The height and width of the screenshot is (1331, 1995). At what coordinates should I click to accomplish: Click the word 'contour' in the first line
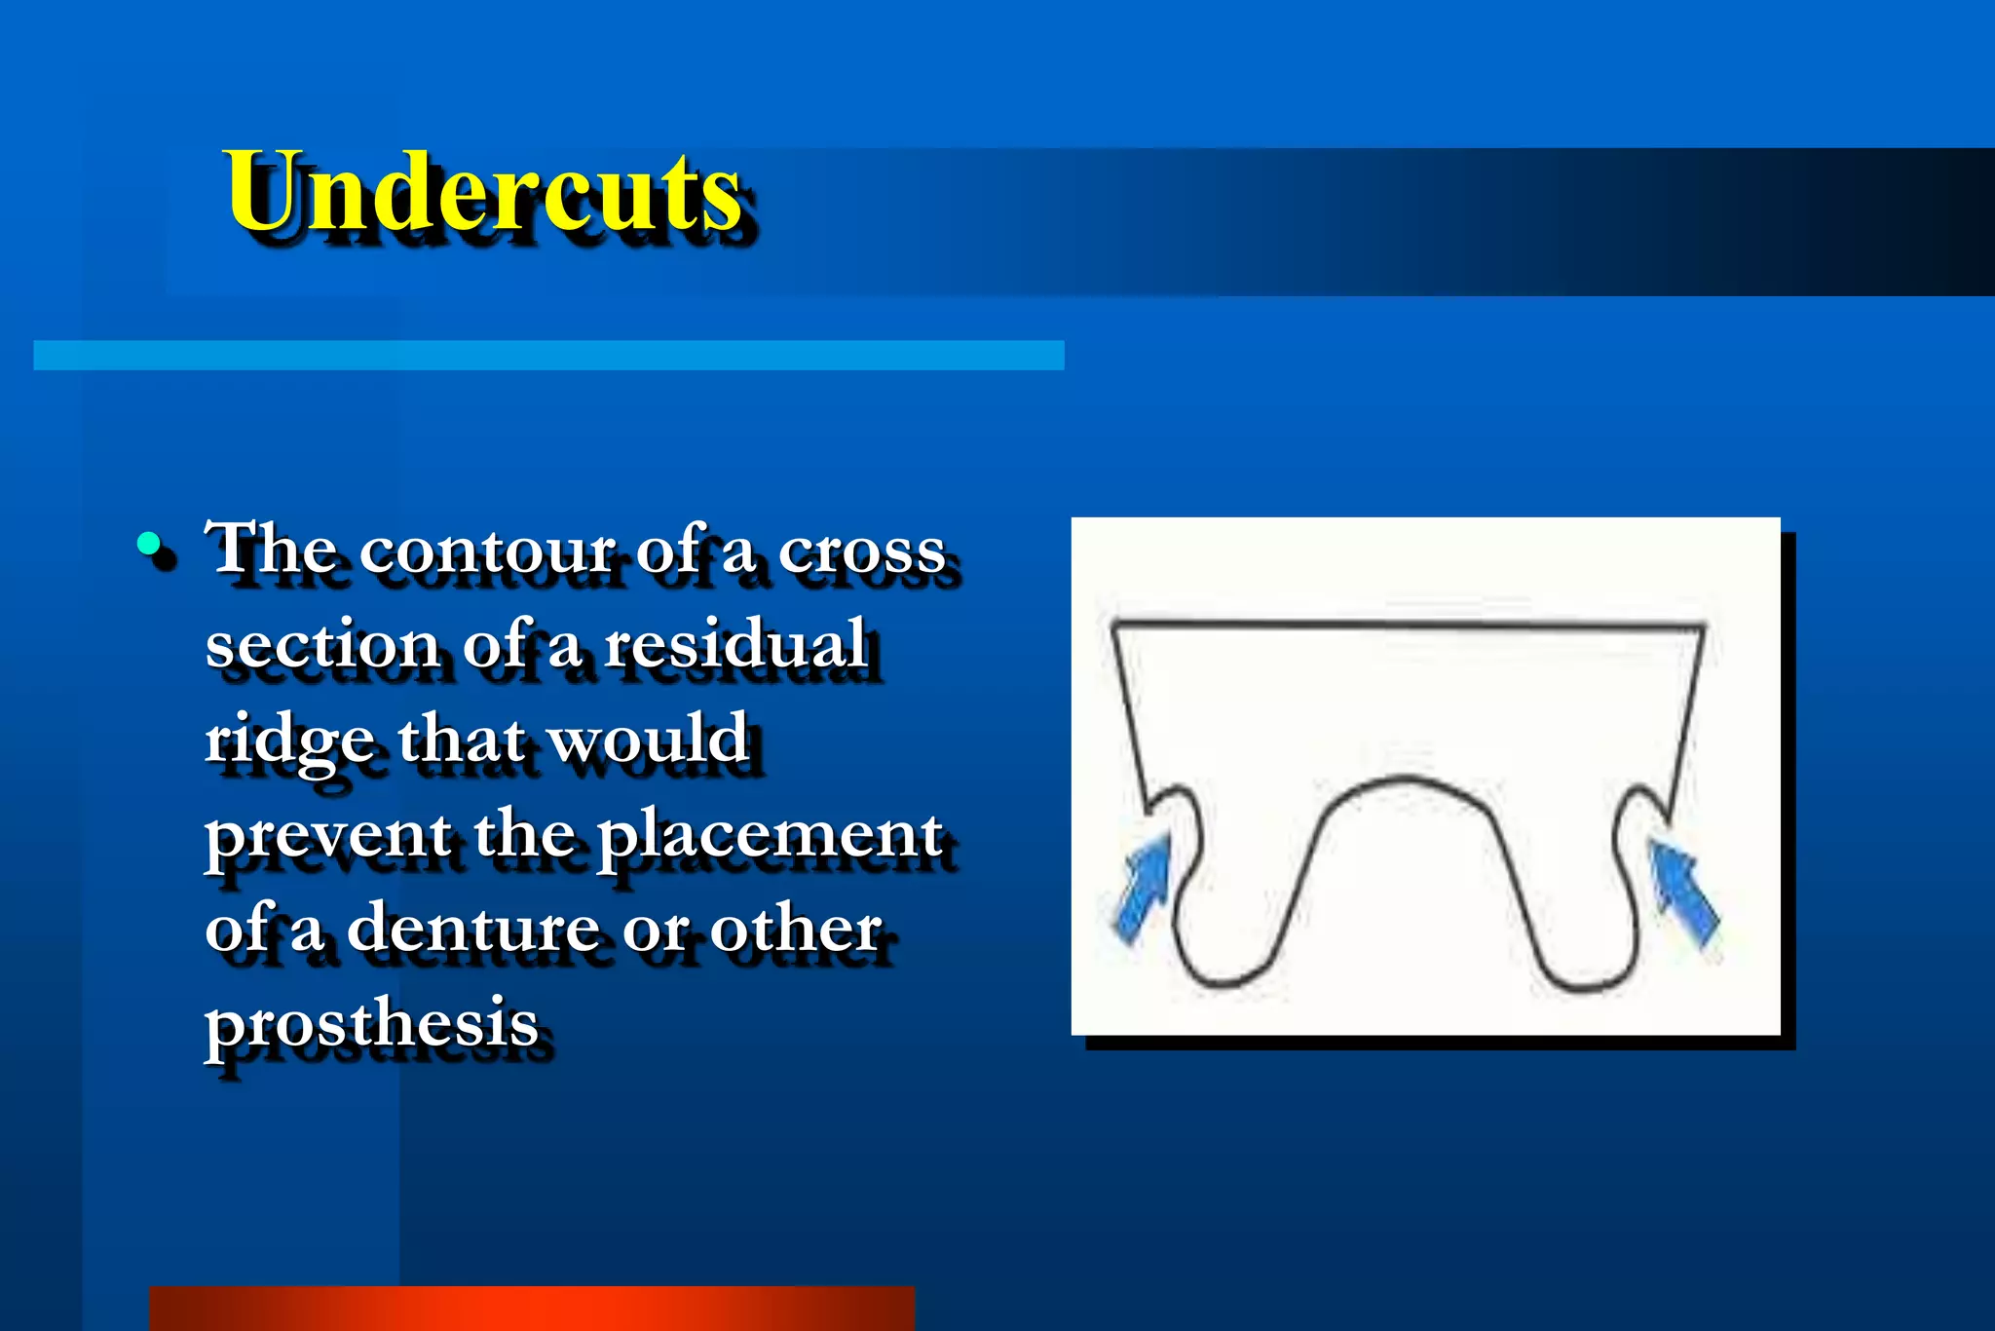486,550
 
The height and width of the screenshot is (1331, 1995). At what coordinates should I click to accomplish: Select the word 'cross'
861,551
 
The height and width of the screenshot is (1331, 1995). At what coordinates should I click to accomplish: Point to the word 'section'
321,645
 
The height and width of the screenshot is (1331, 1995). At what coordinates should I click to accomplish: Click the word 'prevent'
327,836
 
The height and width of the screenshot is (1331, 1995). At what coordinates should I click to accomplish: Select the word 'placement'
770,836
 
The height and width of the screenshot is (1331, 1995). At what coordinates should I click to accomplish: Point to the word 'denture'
472,928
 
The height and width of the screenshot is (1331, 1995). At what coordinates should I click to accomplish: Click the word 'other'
796,928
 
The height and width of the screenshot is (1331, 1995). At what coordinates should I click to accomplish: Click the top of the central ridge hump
1405,778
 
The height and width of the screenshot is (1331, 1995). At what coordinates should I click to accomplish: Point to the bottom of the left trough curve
1222,984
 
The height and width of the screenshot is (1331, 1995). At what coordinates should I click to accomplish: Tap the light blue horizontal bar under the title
548,355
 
